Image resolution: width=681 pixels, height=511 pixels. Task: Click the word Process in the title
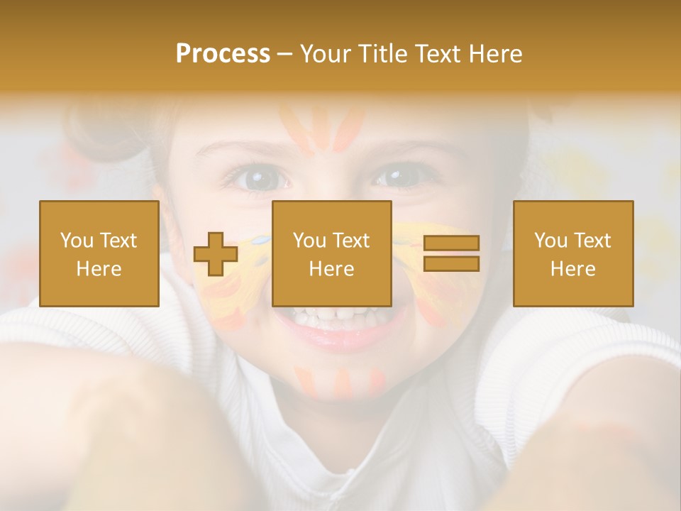[x=223, y=54]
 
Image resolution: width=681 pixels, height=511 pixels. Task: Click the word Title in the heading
[x=382, y=54]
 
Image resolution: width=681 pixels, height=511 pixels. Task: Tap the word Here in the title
[x=494, y=54]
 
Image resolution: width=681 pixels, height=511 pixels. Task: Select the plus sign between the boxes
[x=216, y=254]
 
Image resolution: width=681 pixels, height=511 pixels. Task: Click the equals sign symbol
[x=451, y=253]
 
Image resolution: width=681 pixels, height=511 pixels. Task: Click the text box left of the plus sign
[x=99, y=253]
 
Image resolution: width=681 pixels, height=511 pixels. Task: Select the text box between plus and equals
[x=331, y=253]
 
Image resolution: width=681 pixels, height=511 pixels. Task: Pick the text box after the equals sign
[x=572, y=253]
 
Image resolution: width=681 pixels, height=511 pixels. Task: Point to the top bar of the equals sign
[x=451, y=243]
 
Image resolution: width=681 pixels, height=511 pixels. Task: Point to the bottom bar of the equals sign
[x=451, y=263]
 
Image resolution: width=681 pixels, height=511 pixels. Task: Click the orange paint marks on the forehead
[x=323, y=128]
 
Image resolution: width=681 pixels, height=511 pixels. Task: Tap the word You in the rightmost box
[x=551, y=241]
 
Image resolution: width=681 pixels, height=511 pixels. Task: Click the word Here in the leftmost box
[x=99, y=268]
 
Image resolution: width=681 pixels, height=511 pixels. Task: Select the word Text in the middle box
[x=351, y=241]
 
